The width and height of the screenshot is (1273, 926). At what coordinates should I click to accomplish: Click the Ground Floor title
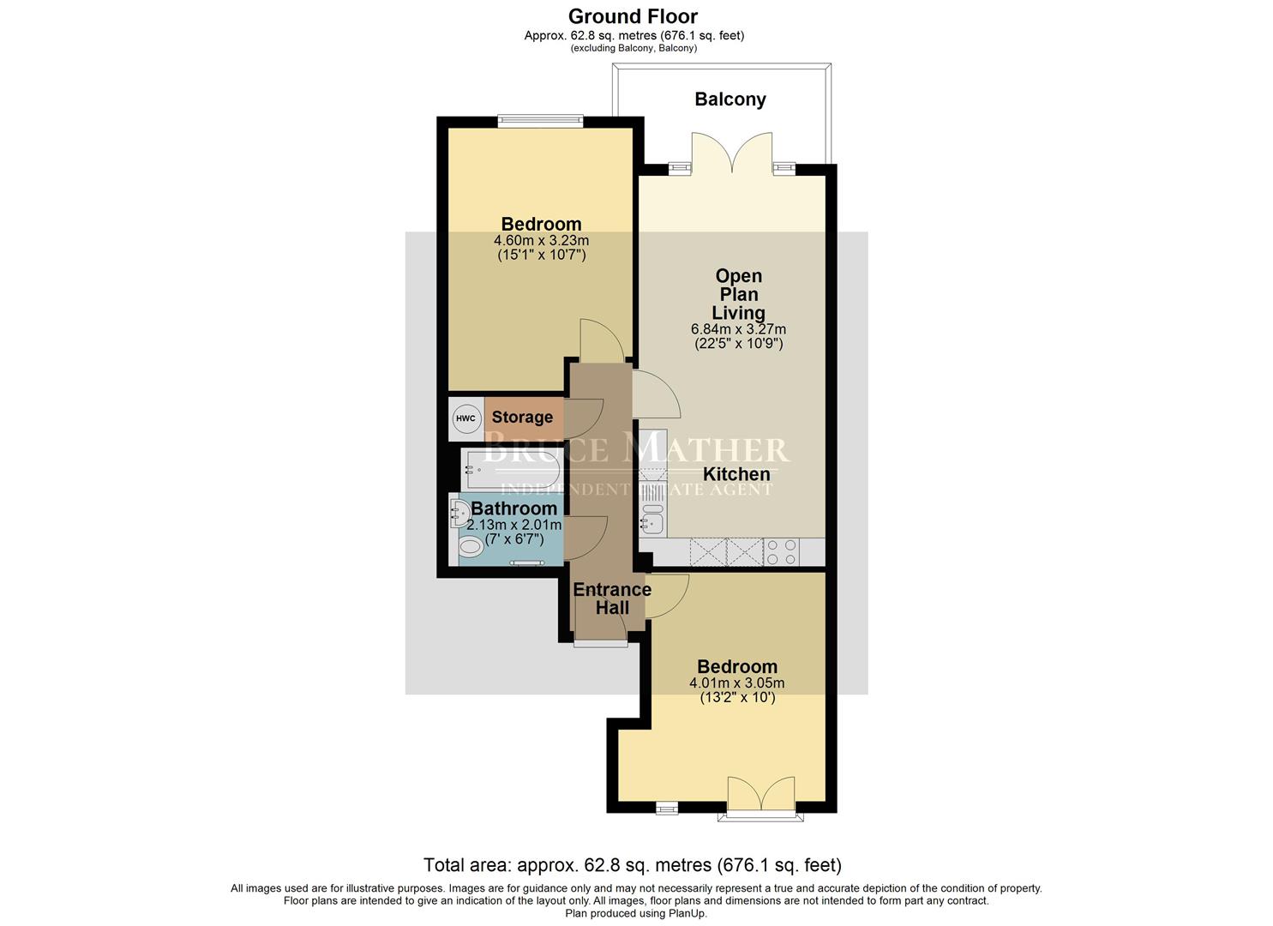[633, 16]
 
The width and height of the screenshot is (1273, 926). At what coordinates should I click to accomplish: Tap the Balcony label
[730, 99]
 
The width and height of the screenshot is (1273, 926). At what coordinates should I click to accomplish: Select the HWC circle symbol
[465, 418]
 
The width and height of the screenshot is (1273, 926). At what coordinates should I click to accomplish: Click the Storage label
[522, 418]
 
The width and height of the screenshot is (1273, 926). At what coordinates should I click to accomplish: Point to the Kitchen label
[736, 474]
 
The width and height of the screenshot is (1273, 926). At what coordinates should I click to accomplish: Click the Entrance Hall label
[612, 598]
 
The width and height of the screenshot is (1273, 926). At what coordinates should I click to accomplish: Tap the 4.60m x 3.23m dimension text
[541, 240]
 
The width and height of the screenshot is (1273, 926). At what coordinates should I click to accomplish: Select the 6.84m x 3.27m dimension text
[738, 329]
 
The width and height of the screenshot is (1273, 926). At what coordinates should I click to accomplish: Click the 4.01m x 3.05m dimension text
[736, 683]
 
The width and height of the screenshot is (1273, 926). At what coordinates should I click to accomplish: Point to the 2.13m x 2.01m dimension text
[514, 525]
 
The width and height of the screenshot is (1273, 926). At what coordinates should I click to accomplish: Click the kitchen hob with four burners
[781, 551]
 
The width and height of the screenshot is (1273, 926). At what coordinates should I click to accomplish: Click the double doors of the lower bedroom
[760, 795]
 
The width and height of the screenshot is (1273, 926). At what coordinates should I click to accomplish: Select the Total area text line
[633, 865]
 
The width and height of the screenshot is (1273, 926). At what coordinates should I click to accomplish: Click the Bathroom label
[513, 508]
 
